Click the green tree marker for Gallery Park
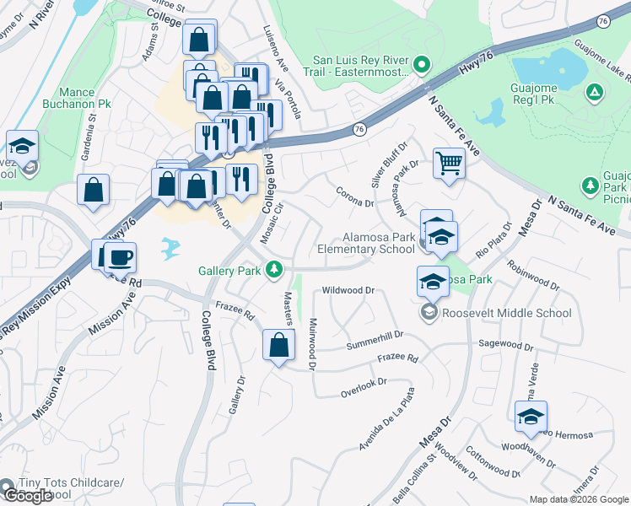273,270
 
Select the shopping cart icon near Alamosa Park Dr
450,162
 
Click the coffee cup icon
121,256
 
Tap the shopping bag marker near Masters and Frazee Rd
278,344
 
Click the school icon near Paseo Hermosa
531,416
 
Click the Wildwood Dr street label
348,290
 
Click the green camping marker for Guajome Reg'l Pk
595,91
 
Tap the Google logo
28,496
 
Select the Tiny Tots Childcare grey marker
8,487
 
